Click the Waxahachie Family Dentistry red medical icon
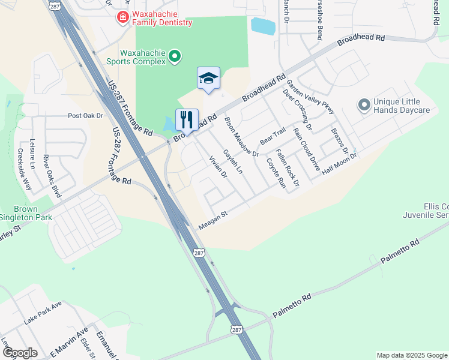123,17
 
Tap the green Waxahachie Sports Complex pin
175,57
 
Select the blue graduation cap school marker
208,79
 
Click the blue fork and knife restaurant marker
187,119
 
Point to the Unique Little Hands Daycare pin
363,106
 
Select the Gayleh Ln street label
232,162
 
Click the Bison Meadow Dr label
241,137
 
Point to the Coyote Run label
276,173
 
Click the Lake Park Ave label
43,313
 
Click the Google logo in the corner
19,353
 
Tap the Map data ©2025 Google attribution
411,355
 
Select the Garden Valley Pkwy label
310,97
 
